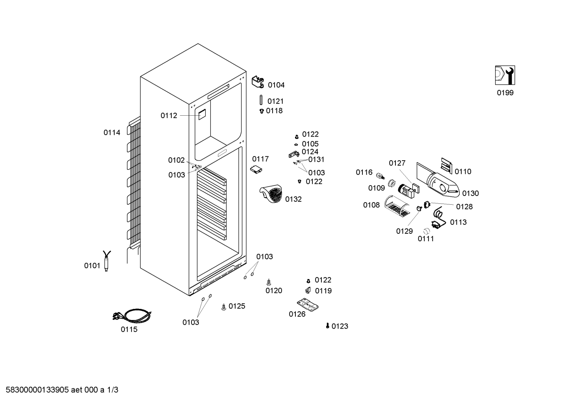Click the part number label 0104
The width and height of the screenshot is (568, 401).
coord(276,85)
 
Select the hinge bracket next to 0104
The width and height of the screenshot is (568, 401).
coord(258,82)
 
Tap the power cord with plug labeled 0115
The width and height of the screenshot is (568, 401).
coord(132,316)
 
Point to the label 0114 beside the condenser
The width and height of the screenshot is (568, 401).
coord(112,133)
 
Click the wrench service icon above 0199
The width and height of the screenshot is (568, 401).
coord(505,75)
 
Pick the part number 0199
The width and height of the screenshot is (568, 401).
coord(505,93)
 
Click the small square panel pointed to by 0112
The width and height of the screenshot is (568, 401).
coord(202,115)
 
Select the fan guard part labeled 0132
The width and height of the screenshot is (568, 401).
coord(271,194)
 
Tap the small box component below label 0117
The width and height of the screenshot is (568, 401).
coord(256,170)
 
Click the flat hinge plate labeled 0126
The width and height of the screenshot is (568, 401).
coord(308,305)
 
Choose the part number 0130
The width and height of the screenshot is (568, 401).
coord(470,194)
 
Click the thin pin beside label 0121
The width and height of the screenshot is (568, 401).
coord(261,100)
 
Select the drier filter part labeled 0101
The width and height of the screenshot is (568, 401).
coord(106,261)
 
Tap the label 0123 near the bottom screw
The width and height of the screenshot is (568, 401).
coord(340,326)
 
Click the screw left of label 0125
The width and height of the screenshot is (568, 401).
coord(224,307)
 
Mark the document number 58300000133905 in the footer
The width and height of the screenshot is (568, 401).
coord(37,390)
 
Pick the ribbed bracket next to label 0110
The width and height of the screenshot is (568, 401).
coord(447,166)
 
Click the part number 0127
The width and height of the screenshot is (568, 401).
coord(397,163)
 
